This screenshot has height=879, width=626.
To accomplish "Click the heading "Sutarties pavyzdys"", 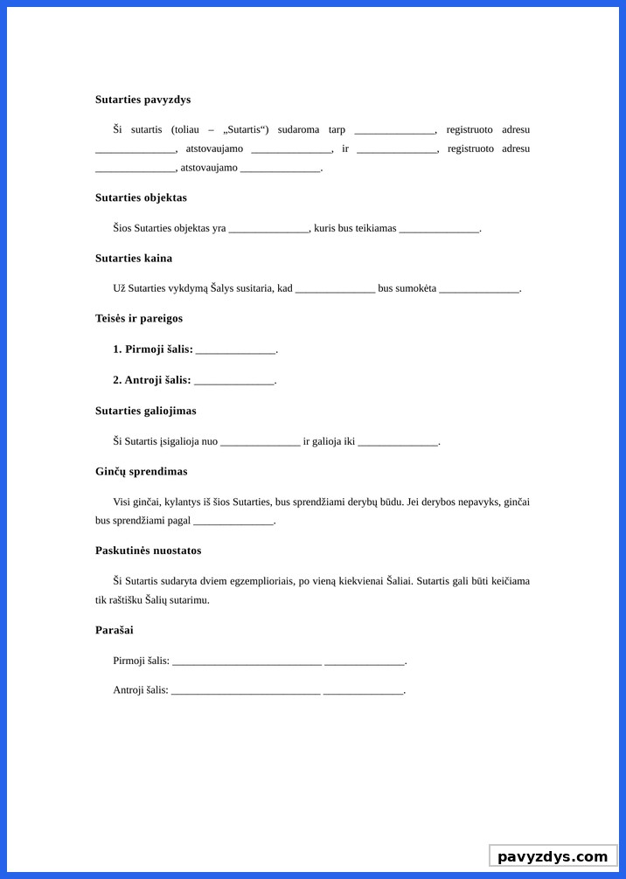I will pyautogui.click(x=143, y=100).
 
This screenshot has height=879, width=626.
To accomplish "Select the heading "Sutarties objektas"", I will pyautogui.click(x=141, y=197).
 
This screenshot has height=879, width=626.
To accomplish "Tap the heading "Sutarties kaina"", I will pyautogui.click(x=134, y=258).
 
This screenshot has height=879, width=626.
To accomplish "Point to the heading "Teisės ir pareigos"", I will pyautogui.click(x=139, y=318).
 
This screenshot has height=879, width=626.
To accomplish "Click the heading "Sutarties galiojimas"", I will pyautogui.click(x=145, y=411).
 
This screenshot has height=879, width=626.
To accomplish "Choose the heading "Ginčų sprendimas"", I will pyautogui.click(x=141, y=472).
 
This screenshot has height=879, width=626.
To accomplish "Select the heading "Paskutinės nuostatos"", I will pyautogui.click(x=148, y=550).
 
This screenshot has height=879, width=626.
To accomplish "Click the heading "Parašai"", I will pyautogui.click(x=114, y=630).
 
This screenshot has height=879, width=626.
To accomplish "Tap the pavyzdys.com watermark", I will pyautogui.click(x=553, y=856).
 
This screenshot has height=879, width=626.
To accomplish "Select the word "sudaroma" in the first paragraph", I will pyautogui.click(x=298, y=129).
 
